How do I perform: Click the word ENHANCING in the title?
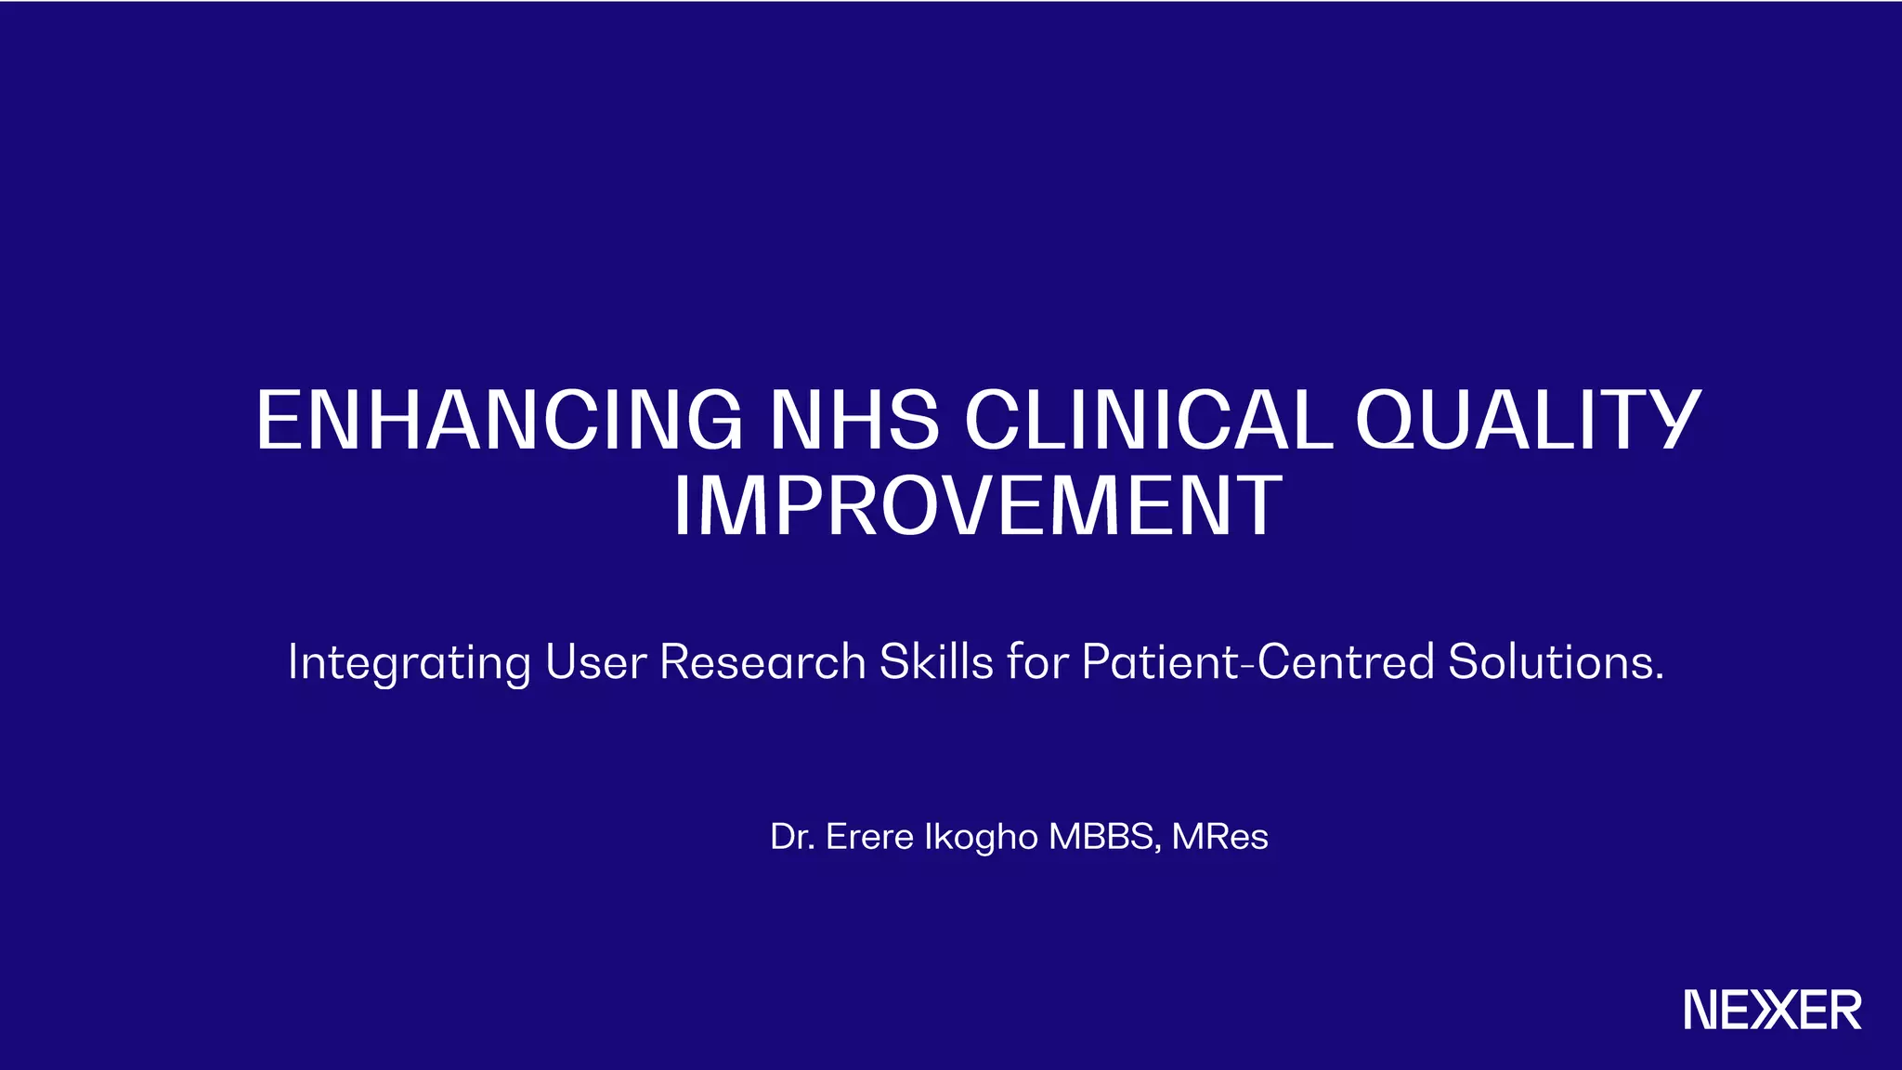[x=500, y=420]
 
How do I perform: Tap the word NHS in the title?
[x=855, y=420]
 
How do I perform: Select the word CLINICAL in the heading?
[x=1149, y=420]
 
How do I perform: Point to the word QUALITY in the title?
[x=1529, y=420]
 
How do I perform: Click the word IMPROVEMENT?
[x=978, y=505]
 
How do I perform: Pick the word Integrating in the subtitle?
[x=410, y=663]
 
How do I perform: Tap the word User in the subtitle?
[x=595, y=661]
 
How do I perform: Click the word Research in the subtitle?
[x=762, y=661]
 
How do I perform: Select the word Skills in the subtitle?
[x=936, y=661]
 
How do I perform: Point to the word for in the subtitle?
[x=1037, y=661]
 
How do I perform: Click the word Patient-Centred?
[x=1257, y=661]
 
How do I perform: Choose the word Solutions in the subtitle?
[x=1550, y=661]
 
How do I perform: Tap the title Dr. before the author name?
[x=792, y=837]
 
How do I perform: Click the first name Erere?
[x=870, y=837]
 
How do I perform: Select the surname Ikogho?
[x=981, y=839]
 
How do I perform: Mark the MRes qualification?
[x=1219, y=837]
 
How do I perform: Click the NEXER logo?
[x=1773, y=1010]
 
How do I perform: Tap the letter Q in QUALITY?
[x=1390, y=420]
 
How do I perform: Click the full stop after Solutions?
[x=1659, y=676]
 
